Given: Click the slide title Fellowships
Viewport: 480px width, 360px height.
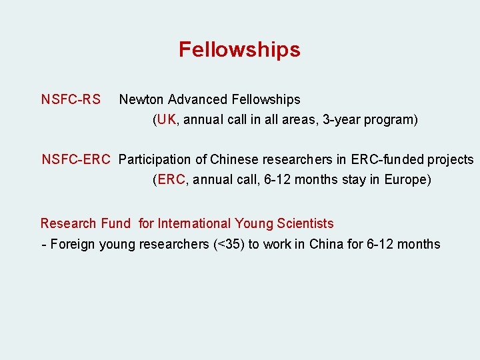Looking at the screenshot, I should coord(239,50).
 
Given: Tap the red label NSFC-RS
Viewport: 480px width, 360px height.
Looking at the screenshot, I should coord(71,100).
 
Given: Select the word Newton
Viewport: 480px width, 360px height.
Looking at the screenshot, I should coord(141,100).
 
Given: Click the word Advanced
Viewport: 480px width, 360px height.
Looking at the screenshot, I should coord(197,100).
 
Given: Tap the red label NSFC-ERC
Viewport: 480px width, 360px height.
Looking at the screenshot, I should coord(75,160).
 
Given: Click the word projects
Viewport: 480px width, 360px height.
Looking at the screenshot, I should coord(451,160).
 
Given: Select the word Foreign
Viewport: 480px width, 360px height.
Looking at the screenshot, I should coord(73,245).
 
